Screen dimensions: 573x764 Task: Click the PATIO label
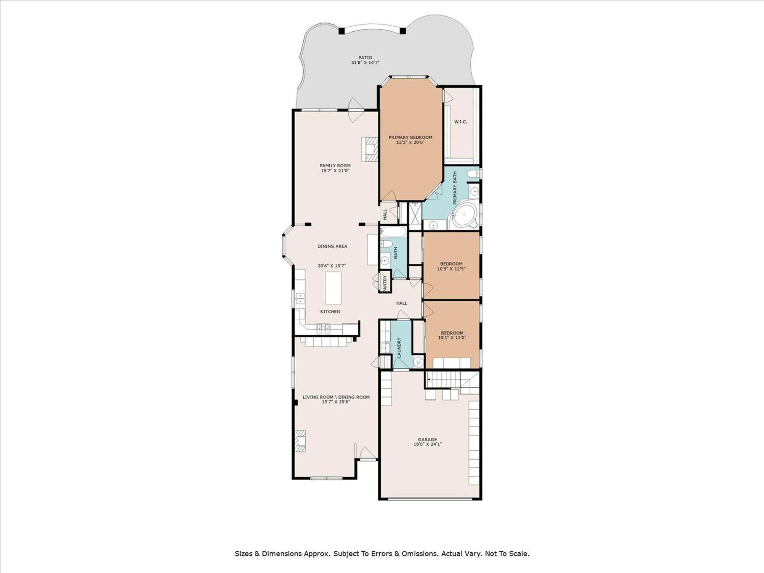pyautogui.click(x=365, y=58)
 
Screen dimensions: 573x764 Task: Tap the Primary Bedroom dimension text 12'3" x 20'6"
pyautogui.click(x=410, y=142)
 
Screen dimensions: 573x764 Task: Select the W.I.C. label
pyautogui.click(x=461, y=122)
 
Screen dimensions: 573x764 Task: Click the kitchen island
pyautogui.click(x=333, y=288)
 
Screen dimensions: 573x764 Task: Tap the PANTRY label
pyautogui.click(x=385, y=283)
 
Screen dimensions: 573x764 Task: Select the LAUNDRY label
pyautogui.click(x=399, y=348)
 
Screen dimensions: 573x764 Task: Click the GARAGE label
pyautogui.click(x=427, y=440)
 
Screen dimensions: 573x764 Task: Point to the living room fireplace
pyautogui.click(x=300, y=441)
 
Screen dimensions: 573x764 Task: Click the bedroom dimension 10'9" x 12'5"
pyautogui.click(x=451, y=269)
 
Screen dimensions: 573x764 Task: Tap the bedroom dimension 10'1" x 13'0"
pyautogui.click(x=452, y=338)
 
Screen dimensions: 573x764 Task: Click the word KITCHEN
pyautogui.click(x=330, y=312)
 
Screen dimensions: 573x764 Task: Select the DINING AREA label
pyautogui.click(x=332, y=246)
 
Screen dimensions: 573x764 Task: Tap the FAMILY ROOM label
pyautogui.click(x=335, y=166)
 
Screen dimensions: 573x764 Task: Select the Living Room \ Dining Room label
pyautogui.click(x=336, y=397)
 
